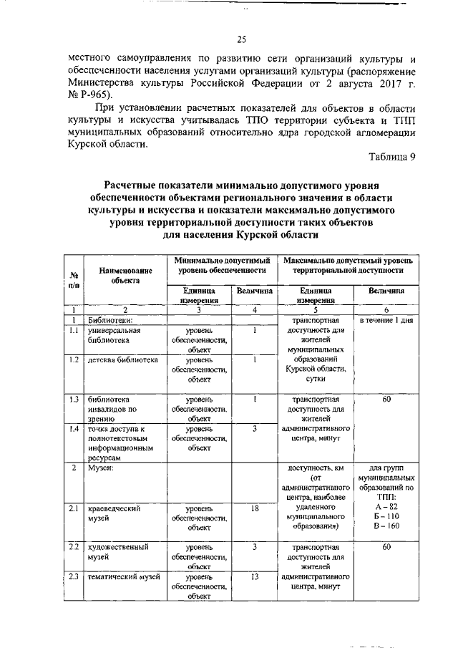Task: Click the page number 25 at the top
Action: (x=241, y=39)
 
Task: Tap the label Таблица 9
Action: (x=392, y=158)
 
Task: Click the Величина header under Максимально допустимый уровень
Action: (x=386, y=291)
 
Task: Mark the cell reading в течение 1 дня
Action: (x=386, y=320)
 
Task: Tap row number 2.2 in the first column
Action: (x=74, y=547)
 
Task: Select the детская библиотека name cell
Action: (x=122, y=359)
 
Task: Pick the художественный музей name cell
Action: (x=117, y=551)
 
